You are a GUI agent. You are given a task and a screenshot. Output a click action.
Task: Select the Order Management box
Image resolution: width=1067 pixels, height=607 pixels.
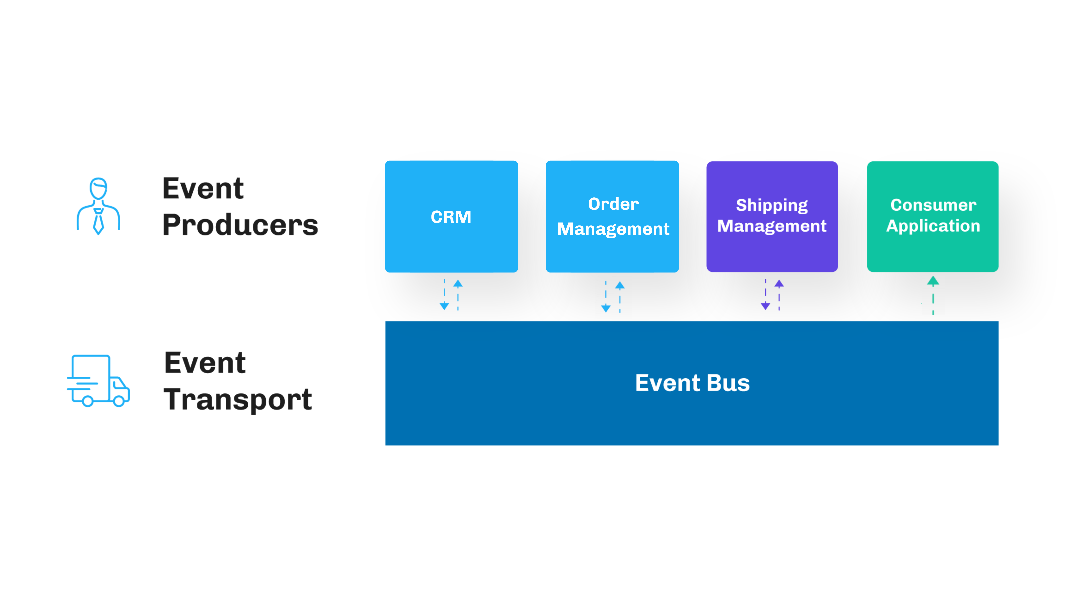point(612,216)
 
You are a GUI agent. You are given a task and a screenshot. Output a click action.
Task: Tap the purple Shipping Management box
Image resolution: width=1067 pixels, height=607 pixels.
point(772,216)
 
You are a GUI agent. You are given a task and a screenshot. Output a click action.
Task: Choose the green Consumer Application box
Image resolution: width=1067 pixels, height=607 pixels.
point(932,216)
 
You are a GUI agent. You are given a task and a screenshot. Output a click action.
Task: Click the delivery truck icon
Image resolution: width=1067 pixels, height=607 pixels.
point(98,380)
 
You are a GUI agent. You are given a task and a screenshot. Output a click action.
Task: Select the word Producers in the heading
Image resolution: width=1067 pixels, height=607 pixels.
point(240,225)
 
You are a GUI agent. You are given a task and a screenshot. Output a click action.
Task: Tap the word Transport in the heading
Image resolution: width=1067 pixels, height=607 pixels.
point(238,399)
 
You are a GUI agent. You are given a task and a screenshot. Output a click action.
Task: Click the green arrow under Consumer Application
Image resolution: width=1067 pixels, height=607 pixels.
point(933,294)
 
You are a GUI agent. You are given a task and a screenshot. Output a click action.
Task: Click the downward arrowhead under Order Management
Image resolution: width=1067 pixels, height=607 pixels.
point(606,308)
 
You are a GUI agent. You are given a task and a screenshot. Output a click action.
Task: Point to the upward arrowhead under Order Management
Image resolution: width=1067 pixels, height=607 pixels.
point(620,286)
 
